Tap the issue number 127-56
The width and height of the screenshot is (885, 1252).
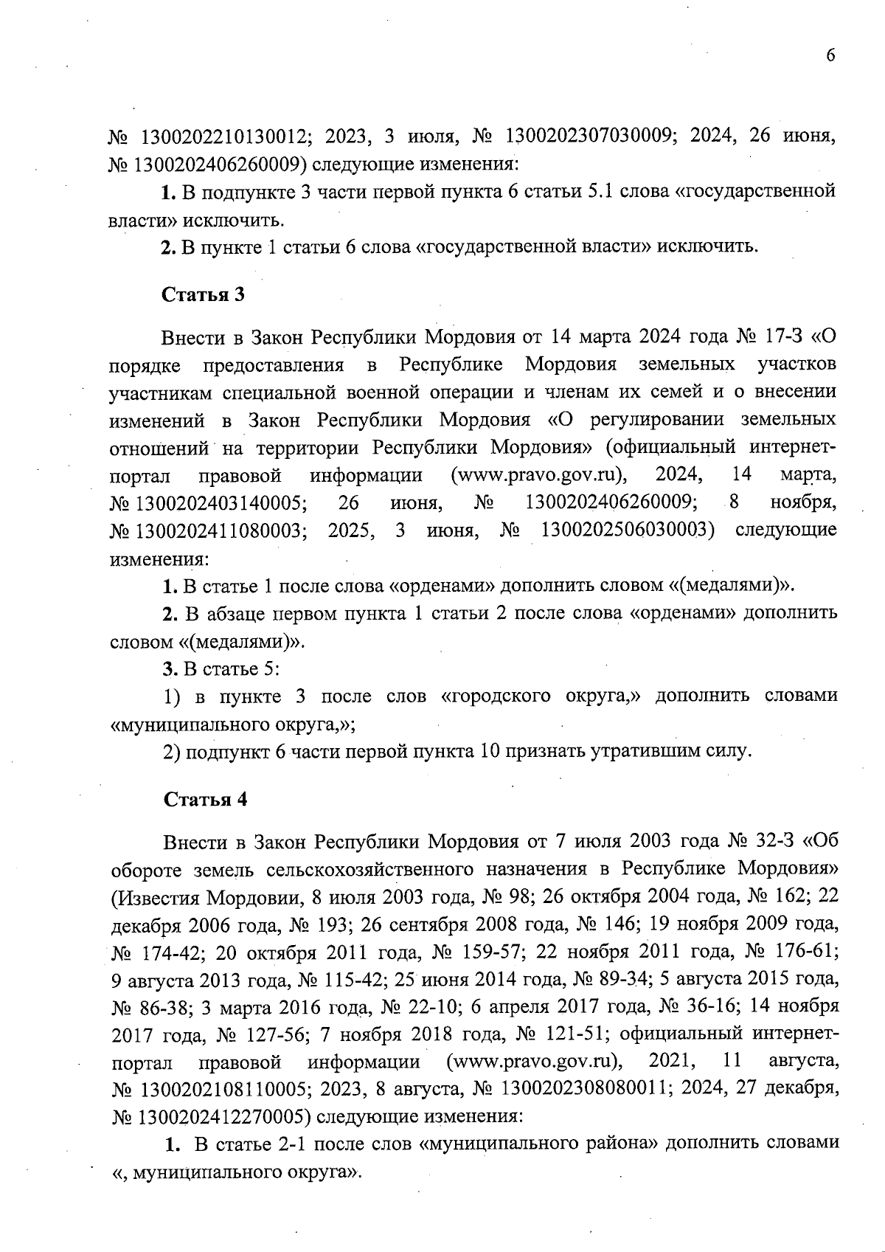tap(273, 1035)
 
